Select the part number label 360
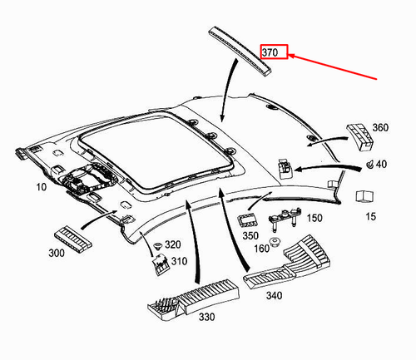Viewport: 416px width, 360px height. [380, 128]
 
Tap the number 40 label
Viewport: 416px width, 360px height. [382, 165]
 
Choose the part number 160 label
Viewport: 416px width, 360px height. [260, 247]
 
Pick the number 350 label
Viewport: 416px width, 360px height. [250, 235]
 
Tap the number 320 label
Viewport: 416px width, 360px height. [172, 244]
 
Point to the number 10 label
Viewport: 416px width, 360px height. [17, 188]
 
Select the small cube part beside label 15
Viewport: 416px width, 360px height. [364, 195]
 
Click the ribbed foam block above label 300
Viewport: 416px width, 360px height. [73, 234]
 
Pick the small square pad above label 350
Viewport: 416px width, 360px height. [248, 219]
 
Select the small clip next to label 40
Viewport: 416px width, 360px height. [368, 165]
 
